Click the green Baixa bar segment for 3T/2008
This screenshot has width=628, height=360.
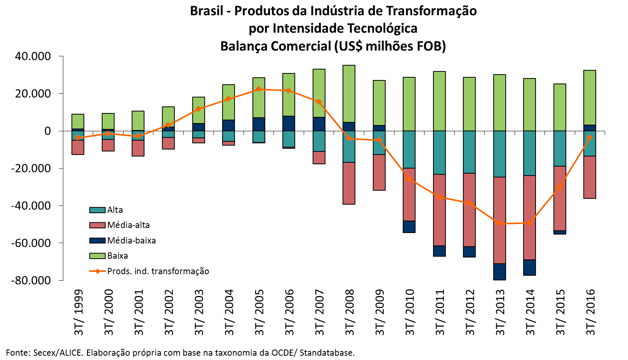(x=349, y=93)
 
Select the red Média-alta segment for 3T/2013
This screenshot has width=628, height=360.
(x=499, y=220)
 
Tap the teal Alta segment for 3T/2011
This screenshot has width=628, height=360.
(x=439, y=152)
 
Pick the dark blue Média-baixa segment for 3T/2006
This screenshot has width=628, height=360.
(x=289, y=123)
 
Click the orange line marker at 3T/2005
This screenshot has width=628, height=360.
(x=259, y=89)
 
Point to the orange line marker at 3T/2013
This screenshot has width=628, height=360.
(x=499, y=224)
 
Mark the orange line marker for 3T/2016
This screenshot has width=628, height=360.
(x=590, y=137)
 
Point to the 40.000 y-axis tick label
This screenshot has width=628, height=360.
(x=33, y=56)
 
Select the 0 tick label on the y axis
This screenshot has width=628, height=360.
(x=47, y=131)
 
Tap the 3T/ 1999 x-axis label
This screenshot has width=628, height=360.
(x=79, y=312)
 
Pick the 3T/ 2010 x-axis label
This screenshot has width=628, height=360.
(x=410, y=312)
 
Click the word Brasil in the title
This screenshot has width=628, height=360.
(x=206, y=11)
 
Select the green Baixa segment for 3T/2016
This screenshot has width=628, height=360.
(x=590, y=97)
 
